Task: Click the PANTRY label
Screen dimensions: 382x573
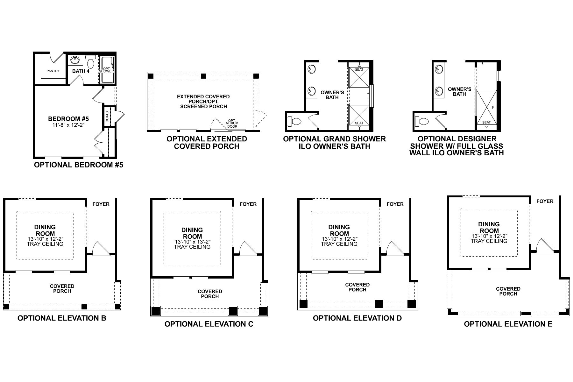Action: pyautogui.click(x=53, y=71)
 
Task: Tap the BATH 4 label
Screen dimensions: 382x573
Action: pyautogui.click(x=81, y=71)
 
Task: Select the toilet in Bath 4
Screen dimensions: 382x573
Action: pyautogui.click(x=91, y=62)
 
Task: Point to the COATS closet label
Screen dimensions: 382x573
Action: pyautogui.click(x=107, y=117)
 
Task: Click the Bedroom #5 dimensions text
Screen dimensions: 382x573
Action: pyautogui.click(x=68, y=125)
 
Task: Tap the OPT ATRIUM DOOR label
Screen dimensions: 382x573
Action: pyautogui.click(x=232, y=124)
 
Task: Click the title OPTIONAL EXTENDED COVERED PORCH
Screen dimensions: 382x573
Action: pyautogui.click(x=207, y=143)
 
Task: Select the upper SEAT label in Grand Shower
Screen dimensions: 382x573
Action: pyautogui.click(x=359, y=69)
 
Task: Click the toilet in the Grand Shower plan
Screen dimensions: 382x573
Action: pyautogui.click(x=294, y=121)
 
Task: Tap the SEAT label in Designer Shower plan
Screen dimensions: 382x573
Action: pyautogui.click(x=486, y=122)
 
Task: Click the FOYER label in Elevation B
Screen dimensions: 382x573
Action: pyautogui.click(x=101, y=204)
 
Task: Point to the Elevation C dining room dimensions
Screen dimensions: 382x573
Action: pyautogui.click(x=192, y=242)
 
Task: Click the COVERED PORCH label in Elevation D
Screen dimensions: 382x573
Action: pyautogui.click(x=357, y=287)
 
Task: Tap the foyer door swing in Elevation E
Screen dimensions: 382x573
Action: pyautogui.click(x=542, y=245)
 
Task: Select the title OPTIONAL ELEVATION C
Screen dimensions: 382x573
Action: pyautogui.click(x=209, y=324)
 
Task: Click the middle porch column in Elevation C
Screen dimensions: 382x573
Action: pyautogui.click(x=233, y=310)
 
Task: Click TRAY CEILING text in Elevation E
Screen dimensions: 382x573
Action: pyautogui.click(x=489, y=241)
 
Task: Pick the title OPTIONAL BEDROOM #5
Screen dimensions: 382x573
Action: pyautogui.click(x=78, y=165)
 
